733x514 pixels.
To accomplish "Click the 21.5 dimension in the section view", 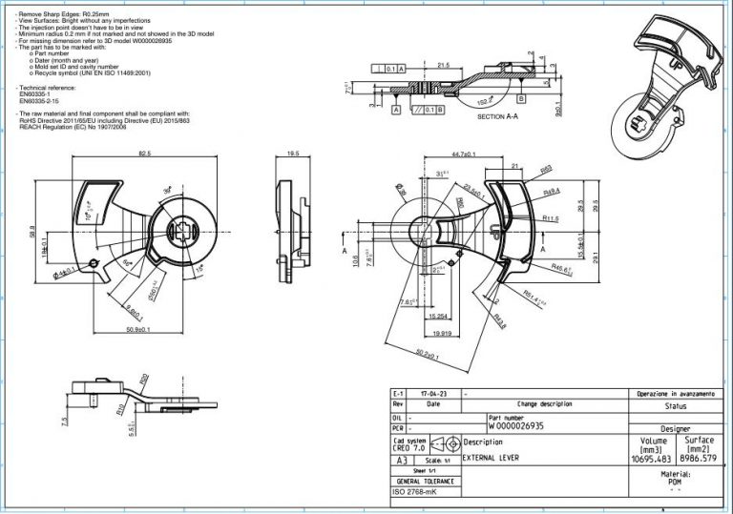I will click(443, 65).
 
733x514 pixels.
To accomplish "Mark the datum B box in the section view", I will click(522, 97).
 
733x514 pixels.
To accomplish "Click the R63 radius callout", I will click(547, 169).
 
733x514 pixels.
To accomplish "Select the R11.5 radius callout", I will click(551, 218).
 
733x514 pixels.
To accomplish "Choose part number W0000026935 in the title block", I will click(519, 426).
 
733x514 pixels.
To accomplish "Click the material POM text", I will click(675, 482).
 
